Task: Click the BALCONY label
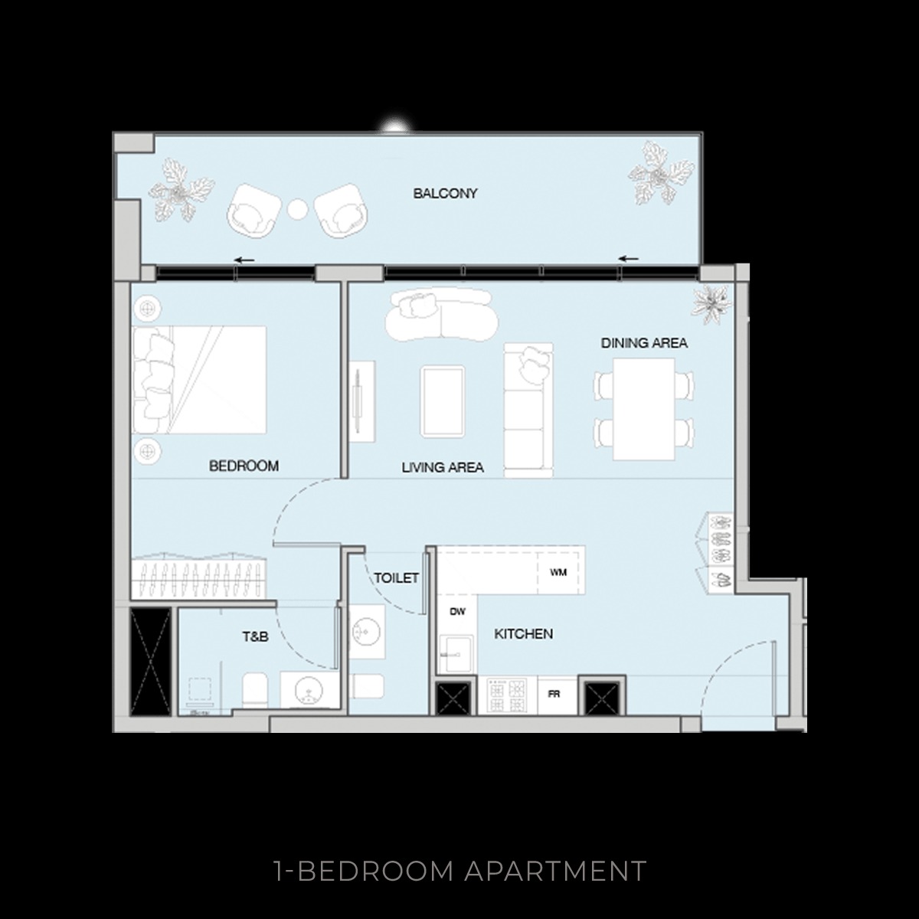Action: (445, 194)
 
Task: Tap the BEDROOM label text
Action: (244, 466)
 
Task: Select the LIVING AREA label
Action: (443, 466)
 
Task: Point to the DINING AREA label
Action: (643, 343)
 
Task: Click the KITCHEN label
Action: (523, 634)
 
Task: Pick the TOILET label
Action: (396, 577)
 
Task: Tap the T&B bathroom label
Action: (255, 636)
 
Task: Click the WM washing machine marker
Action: (558, 572)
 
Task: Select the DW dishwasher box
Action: (457, 611)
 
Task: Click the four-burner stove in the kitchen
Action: (508, 695)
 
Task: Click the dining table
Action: (643, 409)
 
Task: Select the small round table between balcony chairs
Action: (297, 208)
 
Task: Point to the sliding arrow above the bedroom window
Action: (244, 260)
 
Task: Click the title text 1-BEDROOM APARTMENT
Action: (459, 871)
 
